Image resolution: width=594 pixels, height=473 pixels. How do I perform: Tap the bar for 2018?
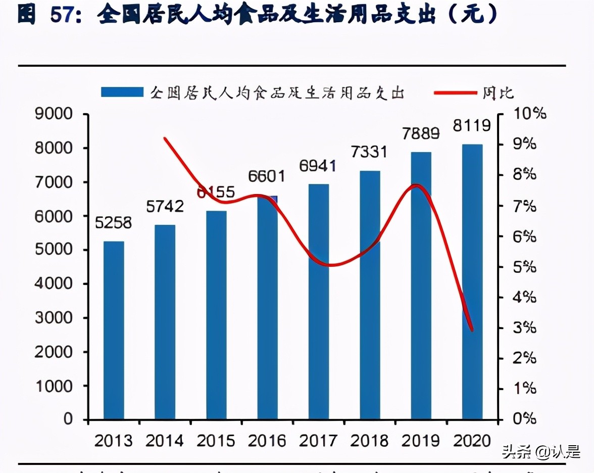(370, 295)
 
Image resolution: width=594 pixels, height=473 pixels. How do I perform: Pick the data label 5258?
(114, 222)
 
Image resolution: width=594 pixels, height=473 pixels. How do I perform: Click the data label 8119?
(472, 125)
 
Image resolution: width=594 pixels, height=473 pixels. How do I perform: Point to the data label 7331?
(369, 152)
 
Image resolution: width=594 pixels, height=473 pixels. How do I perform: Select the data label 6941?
(318, 166)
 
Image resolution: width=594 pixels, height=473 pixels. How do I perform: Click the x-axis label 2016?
(267, 441)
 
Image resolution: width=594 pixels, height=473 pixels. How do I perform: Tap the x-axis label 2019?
(421, 441)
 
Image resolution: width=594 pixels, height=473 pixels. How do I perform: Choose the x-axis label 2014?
(165, 441)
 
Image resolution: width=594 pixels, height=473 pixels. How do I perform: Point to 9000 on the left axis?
(54, 114)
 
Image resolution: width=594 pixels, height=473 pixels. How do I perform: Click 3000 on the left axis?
(54, 318)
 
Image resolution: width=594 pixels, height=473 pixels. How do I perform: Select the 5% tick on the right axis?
(524, 267)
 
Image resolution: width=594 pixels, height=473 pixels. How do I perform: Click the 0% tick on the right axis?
(524, 418)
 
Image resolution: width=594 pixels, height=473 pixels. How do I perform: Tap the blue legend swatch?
(122, 92)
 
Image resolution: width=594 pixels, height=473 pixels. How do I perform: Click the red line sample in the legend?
(456, 92)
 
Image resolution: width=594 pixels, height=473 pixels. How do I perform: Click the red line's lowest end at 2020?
(472, 330)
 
